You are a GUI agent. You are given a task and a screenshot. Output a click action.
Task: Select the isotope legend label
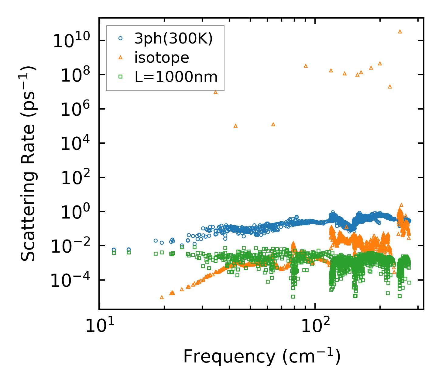click(x=162, y=58)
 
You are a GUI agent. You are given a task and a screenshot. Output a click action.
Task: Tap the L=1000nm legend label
click(x=176, y=77)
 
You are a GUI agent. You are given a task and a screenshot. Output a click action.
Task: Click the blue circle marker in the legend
click(x=121, y=38)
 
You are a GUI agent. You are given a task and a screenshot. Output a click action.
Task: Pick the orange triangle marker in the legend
click(x=121, y=57)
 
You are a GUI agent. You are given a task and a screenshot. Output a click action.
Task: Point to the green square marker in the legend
click(x=121, y=77)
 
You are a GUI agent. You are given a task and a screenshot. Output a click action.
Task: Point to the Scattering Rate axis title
click(x=28, y=163)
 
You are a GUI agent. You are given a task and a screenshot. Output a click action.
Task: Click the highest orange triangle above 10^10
click(x=400, y=31)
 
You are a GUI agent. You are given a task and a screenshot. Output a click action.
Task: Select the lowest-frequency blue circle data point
click(x=114, y=250)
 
